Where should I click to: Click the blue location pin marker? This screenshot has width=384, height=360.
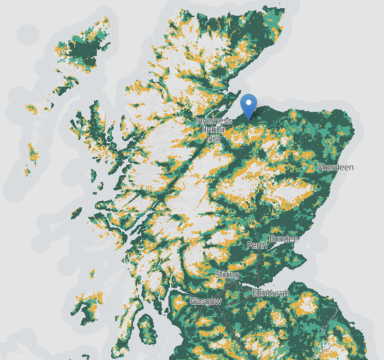[249, 106]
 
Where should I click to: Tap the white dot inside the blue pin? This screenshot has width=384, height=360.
[249, 103]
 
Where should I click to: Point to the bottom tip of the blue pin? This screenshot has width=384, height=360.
[249, 120]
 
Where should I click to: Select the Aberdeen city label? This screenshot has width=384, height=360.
[336, 167]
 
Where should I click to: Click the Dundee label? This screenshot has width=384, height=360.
[284, 239]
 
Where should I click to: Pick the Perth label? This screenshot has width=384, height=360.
[257, 245]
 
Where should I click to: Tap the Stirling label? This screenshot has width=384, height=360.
[227, 275]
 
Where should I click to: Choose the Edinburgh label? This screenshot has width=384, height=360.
[271, 292]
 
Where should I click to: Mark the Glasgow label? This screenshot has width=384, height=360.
[205, 301]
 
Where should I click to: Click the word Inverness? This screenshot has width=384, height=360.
[213, 121]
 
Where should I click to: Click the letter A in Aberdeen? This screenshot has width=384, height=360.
[321, 167]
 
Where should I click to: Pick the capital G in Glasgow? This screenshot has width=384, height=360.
[192, 301]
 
